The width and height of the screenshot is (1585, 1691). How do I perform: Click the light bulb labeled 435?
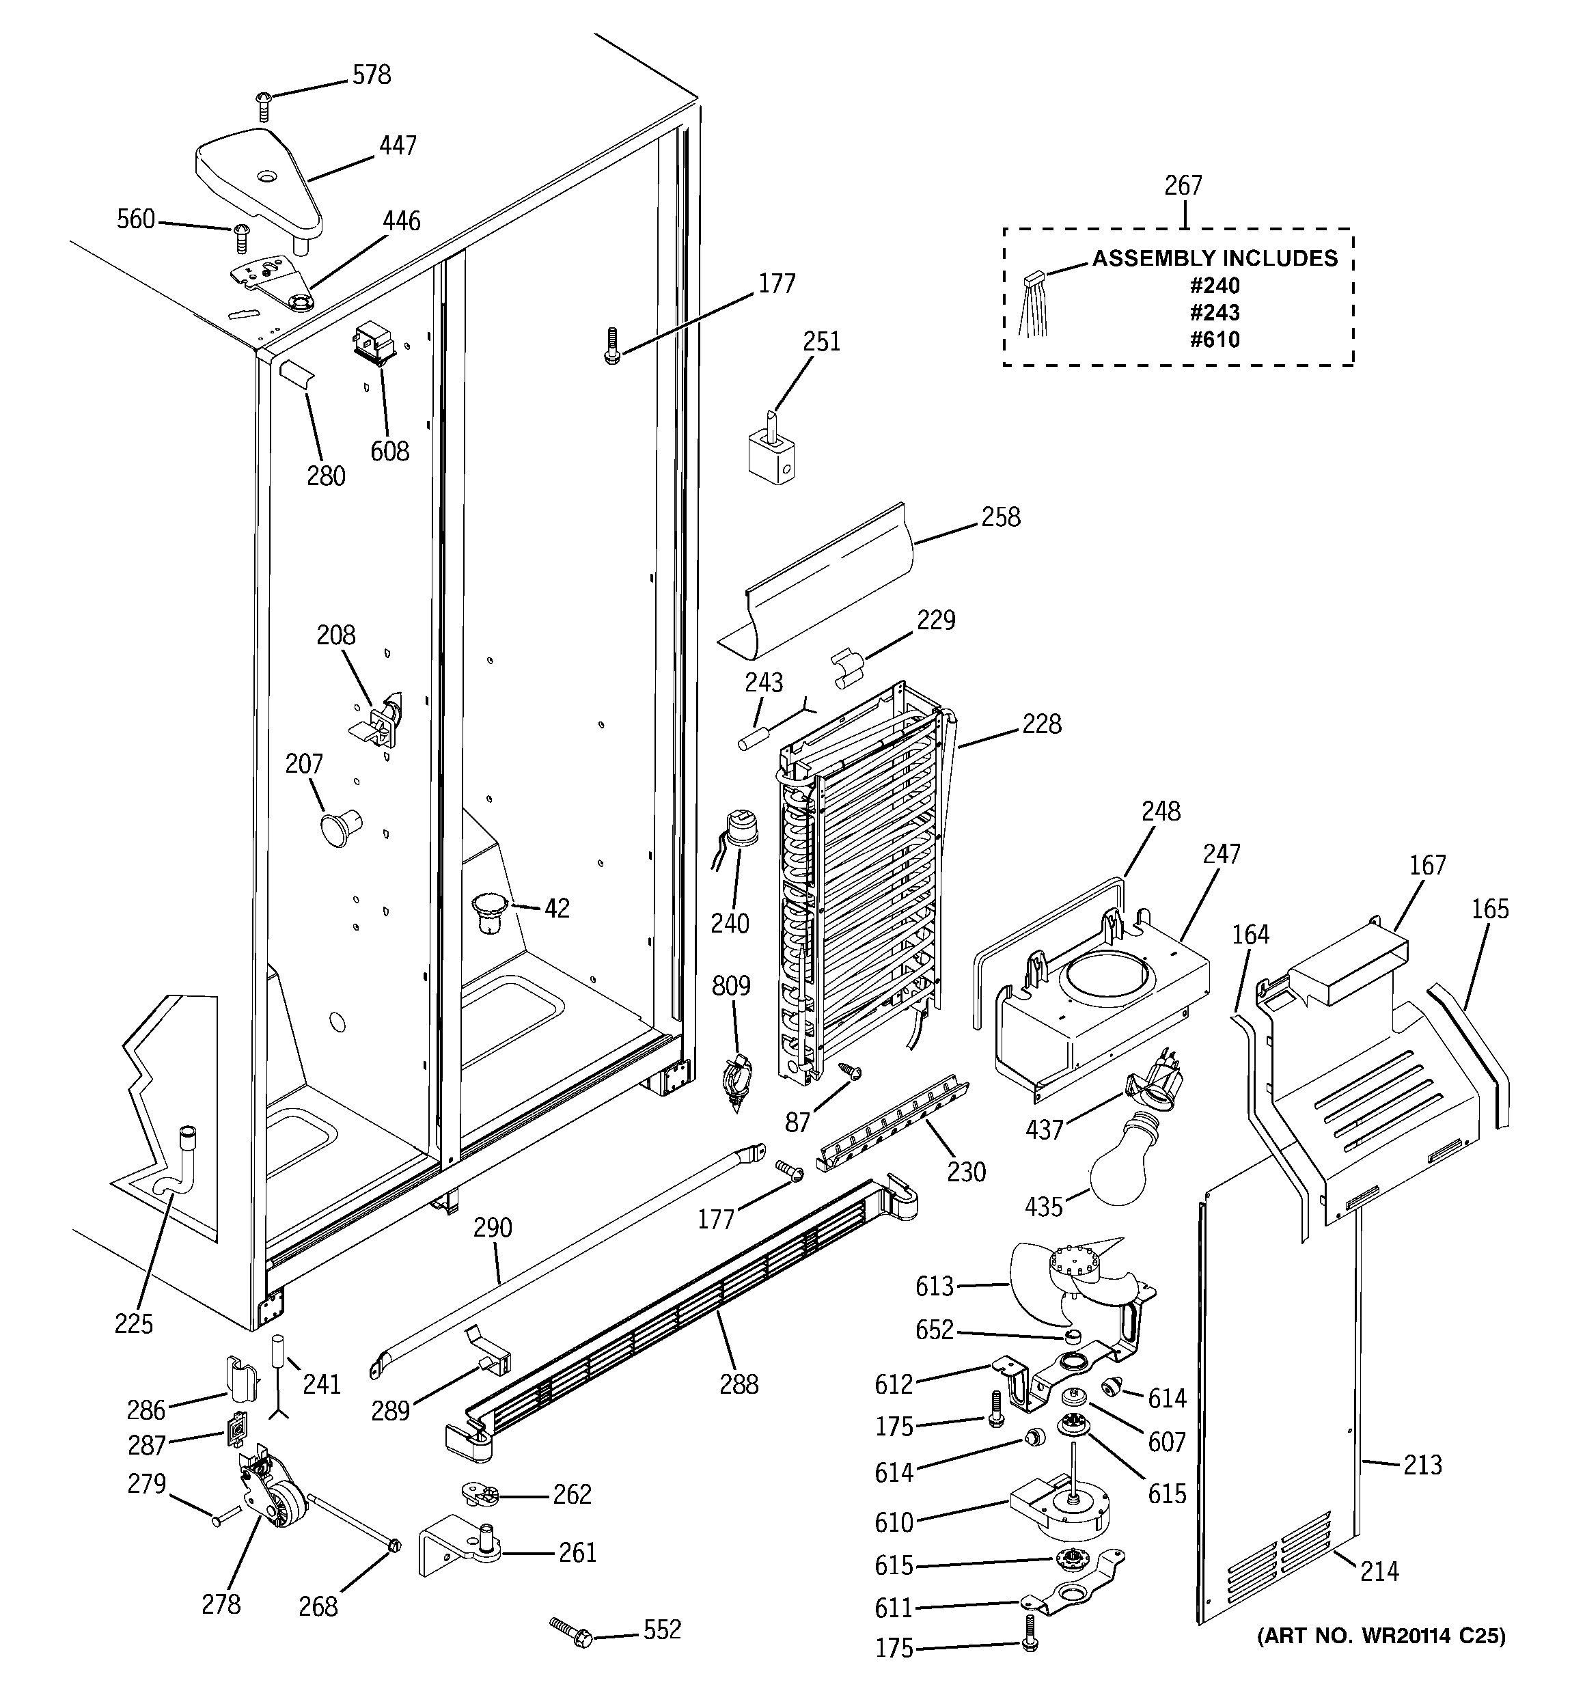pos(1135,1166)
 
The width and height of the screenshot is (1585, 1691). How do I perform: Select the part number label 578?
pos(372,75)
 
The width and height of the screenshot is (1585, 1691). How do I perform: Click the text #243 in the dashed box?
pos(1215,312)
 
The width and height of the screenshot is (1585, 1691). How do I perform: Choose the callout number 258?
pos(1000,517)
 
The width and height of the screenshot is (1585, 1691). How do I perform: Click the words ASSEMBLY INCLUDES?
pos(1215,258)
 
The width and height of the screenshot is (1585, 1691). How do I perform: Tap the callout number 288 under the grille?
pos(739,1385)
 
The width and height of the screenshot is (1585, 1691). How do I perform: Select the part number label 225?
pos(134,1323)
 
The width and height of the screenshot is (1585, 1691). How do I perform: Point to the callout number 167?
pos(1426,865)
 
